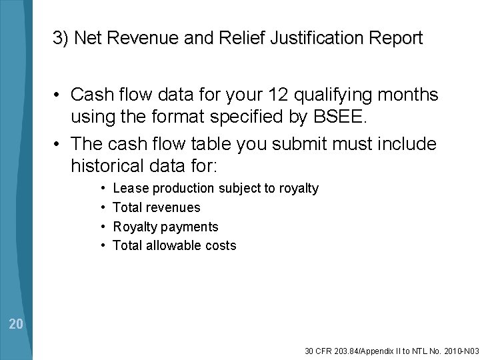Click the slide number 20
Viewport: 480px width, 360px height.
point(17,325)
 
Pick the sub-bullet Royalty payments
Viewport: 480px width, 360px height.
point(165,227)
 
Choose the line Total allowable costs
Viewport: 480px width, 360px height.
point(175,245)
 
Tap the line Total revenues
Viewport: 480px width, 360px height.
point(156,208)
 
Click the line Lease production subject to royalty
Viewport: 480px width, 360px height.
point(216,189)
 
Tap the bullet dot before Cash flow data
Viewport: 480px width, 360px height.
point(60,95)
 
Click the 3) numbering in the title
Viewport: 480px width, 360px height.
point(61,39)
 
